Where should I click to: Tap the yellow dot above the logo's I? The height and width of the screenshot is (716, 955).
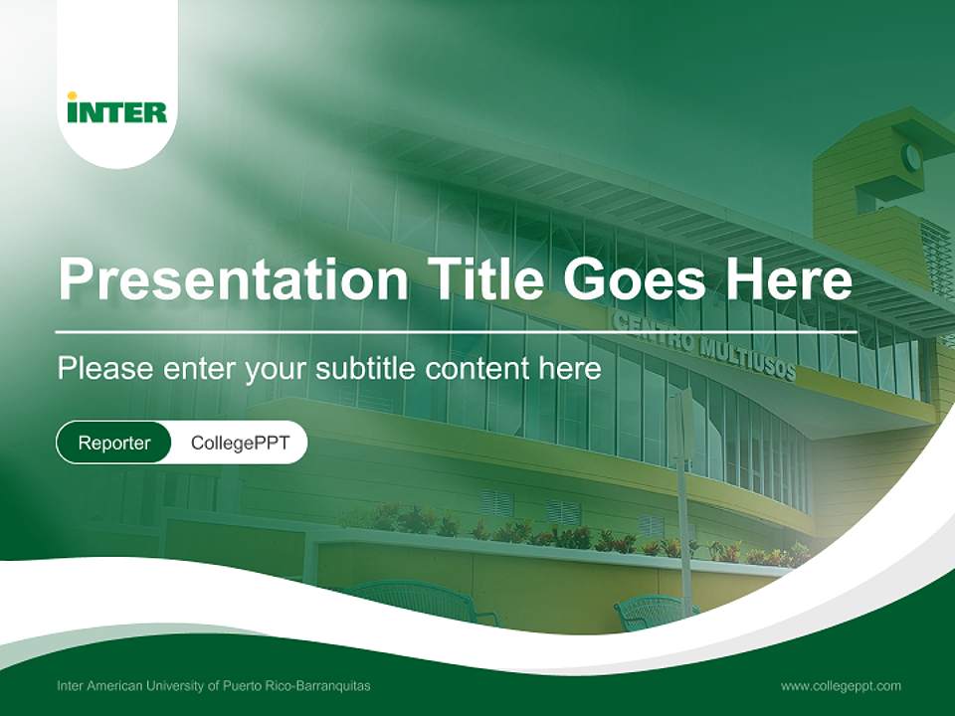72,95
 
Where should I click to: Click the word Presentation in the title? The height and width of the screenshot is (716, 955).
233,278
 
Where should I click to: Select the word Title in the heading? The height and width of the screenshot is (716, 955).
484,278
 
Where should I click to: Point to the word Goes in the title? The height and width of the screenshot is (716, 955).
635,278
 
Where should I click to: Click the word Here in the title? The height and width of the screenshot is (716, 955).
789,278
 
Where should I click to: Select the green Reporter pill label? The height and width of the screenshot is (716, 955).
113,443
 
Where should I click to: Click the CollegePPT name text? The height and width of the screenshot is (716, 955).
240,443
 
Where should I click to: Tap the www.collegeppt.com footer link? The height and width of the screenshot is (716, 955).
841,686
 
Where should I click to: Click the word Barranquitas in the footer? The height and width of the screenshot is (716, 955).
334,686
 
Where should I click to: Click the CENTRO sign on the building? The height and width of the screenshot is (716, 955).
653,333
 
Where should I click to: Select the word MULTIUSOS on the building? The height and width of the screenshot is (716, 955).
747,359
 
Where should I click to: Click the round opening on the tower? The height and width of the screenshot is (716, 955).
911,157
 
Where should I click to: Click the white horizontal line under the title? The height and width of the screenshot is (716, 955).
457,332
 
